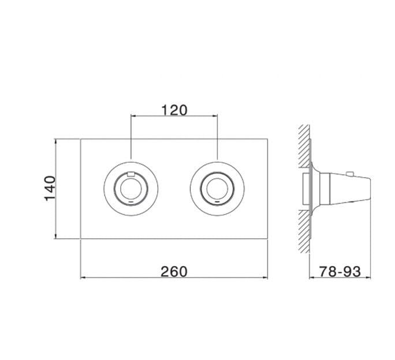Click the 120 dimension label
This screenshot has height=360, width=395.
coord(174,110)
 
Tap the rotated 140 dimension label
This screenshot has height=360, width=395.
coord(50,189)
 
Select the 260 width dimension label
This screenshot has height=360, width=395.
coord(174,272)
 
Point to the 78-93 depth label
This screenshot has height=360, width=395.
coord(340,272)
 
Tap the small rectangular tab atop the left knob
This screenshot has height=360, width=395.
coord(131,174)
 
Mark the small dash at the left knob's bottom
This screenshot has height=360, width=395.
coord(131,202)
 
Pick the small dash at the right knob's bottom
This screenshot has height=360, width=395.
coord(217,202)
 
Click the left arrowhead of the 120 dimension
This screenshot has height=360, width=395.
coord(133,116)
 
